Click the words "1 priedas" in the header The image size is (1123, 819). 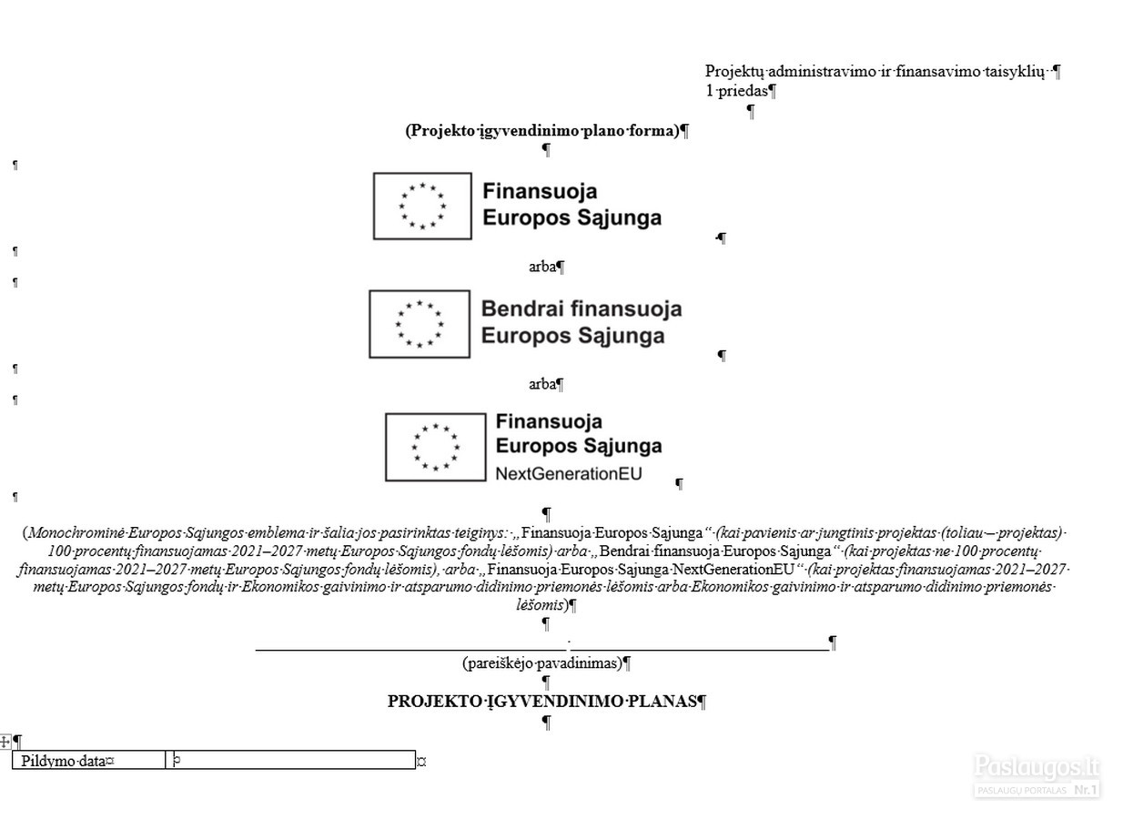[736, 91]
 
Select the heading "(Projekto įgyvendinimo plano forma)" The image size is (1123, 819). [542, 131]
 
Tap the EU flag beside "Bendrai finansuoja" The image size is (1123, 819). [420, 324]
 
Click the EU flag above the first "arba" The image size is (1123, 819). [422, 207]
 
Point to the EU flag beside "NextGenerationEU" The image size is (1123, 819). [436, 447]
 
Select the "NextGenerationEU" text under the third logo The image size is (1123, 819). [569, 474]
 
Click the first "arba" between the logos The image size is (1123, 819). [542, 268]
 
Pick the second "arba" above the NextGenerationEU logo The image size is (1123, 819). [542, 384]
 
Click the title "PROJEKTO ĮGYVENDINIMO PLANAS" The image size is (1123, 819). [542, 702]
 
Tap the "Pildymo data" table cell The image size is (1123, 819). [89, 760]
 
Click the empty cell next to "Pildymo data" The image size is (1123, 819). [291, 760]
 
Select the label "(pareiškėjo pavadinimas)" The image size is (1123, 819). [542, 663]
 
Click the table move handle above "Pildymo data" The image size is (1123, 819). [5, 743]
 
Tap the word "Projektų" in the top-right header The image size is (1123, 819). [734, 72]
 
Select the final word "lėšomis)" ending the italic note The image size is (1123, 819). [542, 605]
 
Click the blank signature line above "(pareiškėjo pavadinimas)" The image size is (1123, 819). [542, 650]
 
